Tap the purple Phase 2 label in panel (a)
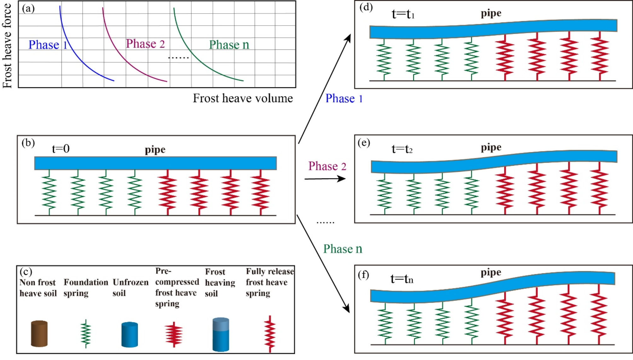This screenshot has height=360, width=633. pyautogui.click(x=145, y=44)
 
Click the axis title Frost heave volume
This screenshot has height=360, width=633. pyautogui.click(x=243, y=98)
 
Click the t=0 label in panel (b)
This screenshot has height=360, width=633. pyautogui.click(x=61, y=148)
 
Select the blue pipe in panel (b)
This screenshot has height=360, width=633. pyautogui.click(x=155, y=163)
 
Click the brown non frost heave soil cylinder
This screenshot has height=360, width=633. pyautogui.click(x=39, y=334)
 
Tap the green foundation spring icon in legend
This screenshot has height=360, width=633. pyautogui.click(x=85, y=334)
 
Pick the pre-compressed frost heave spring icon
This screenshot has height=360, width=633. pyautogui.click(x=174, y=334)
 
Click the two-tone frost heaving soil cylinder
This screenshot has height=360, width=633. pyautogui.click(x=221, y=334)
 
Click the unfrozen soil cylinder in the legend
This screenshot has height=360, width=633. pyautogui.click(x=130, y=334)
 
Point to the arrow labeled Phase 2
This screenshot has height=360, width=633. pyautogui.click(x=325, y=179)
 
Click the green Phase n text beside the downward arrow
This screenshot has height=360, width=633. pyautogui.click(x=343, y=249)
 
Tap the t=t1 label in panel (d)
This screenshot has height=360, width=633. pyautogui.click(x=403, y=14)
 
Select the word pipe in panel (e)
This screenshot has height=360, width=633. pyautogui.click(x=491, y=148)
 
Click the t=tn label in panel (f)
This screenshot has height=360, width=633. pyautogui.click(x=402, y=279)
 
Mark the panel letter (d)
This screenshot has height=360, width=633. pyautogui.click(x=366, y=7)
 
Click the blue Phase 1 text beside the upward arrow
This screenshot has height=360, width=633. pyautogui.click(x=344, y=99)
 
